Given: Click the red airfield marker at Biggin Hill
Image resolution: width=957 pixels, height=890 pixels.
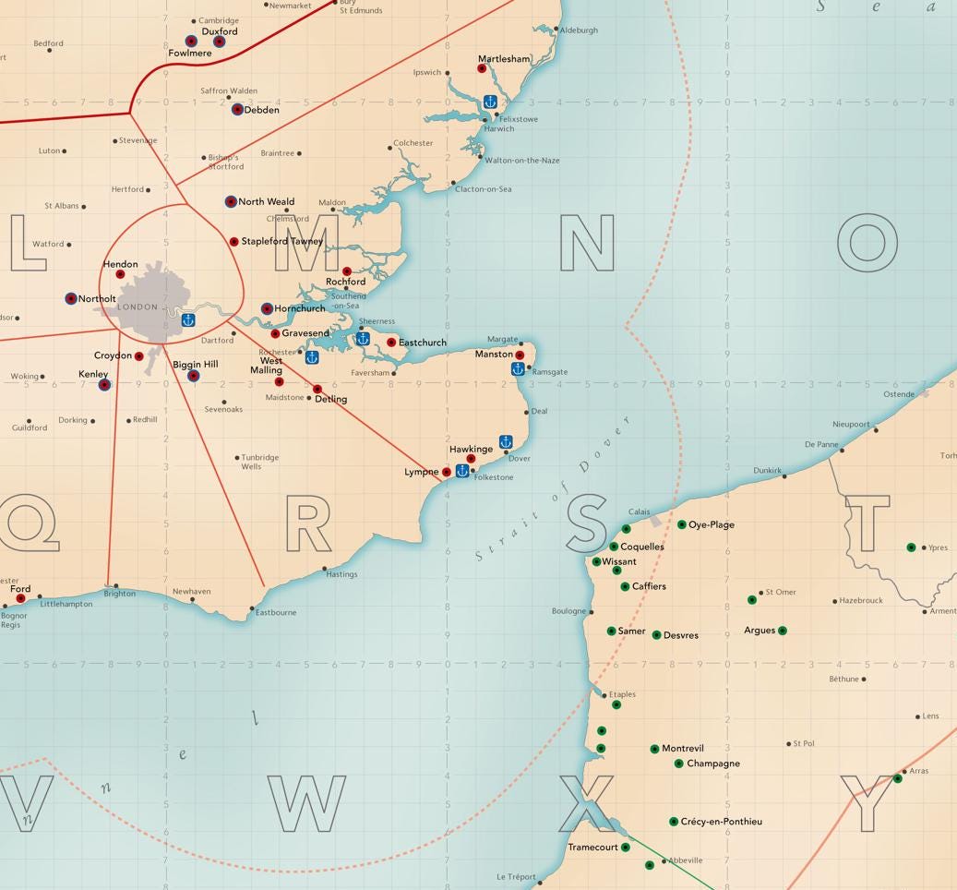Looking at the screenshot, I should (194, 376).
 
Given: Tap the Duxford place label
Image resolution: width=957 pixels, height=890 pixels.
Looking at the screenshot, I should (220, 31).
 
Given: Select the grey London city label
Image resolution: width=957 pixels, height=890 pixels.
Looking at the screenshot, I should (138, 307).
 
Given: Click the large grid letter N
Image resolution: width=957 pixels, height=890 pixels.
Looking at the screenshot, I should (587, 243).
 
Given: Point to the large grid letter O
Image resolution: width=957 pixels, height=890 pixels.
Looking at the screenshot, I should (867, 243).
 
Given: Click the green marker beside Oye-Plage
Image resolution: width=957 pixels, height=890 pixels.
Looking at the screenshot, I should (682, 524).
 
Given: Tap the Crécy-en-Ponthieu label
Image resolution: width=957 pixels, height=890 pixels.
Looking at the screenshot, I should (723, 822).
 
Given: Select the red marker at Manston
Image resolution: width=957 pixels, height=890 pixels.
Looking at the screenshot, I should (520, 355).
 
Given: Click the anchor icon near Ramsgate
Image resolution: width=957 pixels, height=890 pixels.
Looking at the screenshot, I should (519, 369).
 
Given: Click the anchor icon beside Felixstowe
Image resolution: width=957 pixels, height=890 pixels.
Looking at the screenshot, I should (490, 102).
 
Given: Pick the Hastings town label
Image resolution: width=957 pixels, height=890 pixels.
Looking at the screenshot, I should (341, 574).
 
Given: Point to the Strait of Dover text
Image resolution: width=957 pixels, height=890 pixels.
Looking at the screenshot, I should (552, 489).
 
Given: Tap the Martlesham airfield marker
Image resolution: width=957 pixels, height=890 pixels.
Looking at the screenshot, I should (482, 68).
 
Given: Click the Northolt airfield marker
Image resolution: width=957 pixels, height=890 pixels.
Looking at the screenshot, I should (71, 298).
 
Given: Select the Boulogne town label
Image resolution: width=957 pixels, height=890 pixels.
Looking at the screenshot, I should (568, 611).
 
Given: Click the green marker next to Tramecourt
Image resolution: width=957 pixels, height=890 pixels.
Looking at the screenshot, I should (626, 847).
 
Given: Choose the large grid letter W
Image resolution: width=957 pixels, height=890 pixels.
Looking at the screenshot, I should (307, 803).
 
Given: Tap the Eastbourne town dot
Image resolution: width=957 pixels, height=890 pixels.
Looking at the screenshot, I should (252, 608).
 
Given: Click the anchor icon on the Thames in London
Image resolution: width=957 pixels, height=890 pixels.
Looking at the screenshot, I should (187, 320).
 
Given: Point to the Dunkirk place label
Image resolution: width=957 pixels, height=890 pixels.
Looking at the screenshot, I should (767, 470).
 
